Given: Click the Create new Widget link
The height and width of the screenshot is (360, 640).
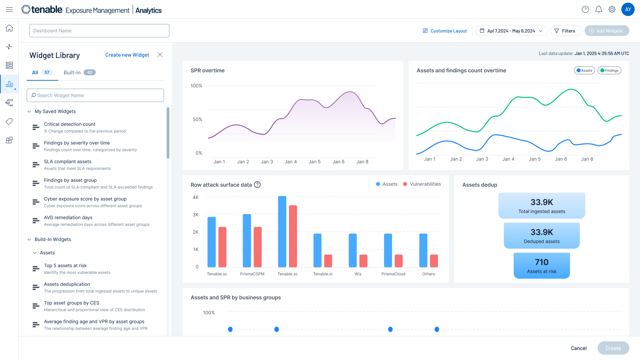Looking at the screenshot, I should click(127, 55).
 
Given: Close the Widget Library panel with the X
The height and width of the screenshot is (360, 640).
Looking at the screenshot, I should click(160, 55).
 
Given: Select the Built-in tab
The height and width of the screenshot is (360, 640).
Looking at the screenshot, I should click(79, 72).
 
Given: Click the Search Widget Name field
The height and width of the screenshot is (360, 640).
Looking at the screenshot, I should click(95, 95).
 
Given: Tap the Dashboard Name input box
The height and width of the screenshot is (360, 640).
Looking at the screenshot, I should click(99, 31).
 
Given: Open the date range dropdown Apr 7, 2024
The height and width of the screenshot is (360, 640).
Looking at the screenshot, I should click(511, 31).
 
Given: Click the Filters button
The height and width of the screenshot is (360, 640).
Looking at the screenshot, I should click(565, 31).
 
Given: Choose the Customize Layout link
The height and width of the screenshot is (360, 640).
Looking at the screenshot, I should click(445, 31).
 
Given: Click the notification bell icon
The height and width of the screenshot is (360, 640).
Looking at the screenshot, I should click(599, 9).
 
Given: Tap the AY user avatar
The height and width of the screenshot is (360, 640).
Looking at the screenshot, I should click(628, 9).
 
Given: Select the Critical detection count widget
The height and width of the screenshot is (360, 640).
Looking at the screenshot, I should click(70, 124).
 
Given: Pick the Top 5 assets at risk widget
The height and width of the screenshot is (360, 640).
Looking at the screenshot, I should click(65, 266).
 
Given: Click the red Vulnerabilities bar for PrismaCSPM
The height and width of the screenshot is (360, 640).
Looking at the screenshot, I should click(258, 247).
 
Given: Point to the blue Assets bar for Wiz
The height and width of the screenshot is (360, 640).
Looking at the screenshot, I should click(353, 250).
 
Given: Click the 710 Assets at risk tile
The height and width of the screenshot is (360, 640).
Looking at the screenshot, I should click(542, 266).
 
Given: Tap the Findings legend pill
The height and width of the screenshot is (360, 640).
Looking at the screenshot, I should click(609, 70).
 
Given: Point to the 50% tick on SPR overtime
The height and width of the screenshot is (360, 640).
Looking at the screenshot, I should click(197, 119).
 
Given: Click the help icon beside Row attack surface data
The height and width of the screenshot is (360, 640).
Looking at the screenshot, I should click(257, 185).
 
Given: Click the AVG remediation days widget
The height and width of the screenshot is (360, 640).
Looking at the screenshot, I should click(68, 218).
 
